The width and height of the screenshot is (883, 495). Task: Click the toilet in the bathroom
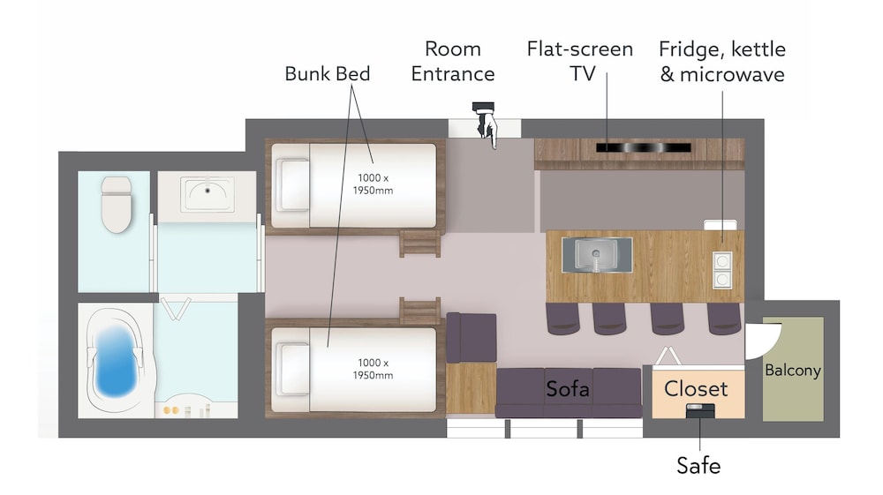click(x=117, y=204)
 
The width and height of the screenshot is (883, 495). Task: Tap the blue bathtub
click(x=117, y=361)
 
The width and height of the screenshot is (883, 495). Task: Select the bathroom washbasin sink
click(x=208, y=194)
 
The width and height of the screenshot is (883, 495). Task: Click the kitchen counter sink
click(x=597, y=255)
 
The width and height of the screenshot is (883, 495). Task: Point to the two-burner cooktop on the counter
click(x=722, y=270)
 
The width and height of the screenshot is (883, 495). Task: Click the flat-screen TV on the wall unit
click(x=643, y=148)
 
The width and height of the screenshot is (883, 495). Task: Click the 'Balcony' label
click(x=793, y=371)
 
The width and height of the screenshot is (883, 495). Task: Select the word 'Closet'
click(x=696, y=389)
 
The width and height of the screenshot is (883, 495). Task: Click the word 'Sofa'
click(x=568, y=389)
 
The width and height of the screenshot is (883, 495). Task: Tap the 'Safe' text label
click(x=698, y=466)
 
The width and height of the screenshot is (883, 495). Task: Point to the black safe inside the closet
click(x=700, y=411)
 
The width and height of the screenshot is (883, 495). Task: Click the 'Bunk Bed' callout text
click(x=328, y=74)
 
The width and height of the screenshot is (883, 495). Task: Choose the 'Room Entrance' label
click(x=453, y=61)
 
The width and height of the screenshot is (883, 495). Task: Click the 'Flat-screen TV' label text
click(x=580, y=61)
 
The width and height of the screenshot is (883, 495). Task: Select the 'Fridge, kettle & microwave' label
click(x=722, y=61)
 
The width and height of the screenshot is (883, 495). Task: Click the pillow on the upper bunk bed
click(x=293, y=184)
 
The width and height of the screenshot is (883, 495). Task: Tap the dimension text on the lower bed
click(x=373, y=369)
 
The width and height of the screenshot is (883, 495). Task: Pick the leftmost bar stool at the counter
click(x=562, y=319)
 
